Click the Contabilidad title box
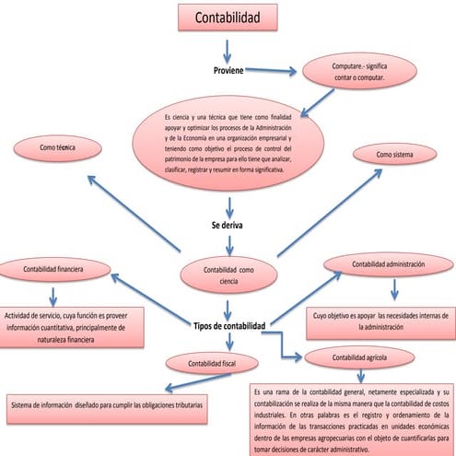[x=228, y=18]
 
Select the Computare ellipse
[x=358, y=72]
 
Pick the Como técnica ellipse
[x=57, y=147]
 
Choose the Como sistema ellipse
[x=395, y=155]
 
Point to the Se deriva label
[x=228, y=224]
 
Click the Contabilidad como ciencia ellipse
[x=228, y=275]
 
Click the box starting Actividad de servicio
[x=72, y=327]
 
